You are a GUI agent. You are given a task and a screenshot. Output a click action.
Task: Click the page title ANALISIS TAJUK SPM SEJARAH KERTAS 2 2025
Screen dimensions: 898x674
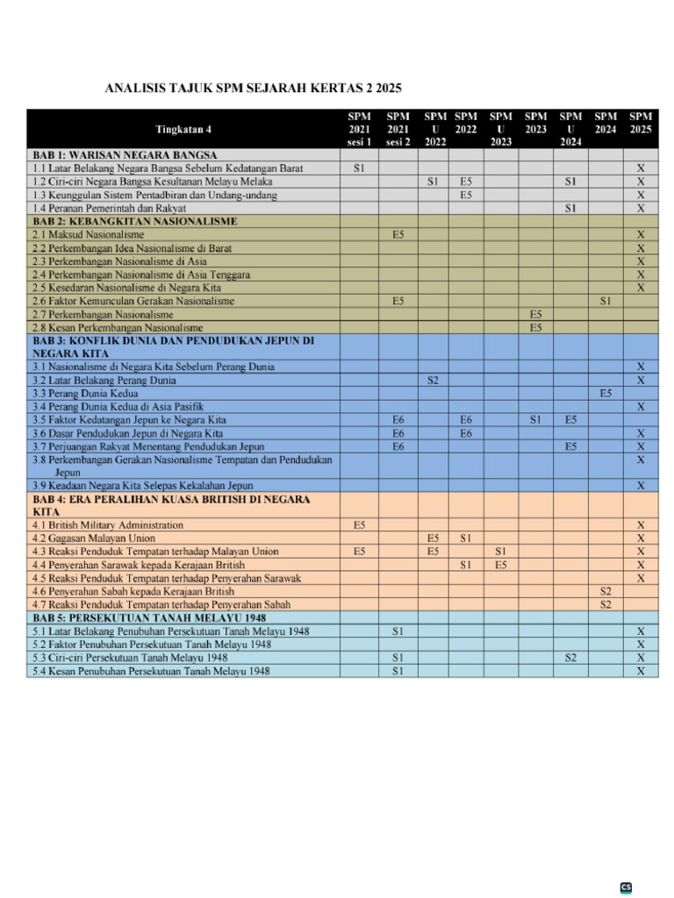tap(254, 89)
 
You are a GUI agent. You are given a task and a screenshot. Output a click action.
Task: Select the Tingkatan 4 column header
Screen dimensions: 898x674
tap(183, 130)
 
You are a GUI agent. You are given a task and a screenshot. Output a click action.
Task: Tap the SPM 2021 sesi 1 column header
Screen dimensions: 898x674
tap(360, 129)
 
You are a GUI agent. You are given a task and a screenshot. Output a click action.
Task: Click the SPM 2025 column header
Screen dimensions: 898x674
tap(641, 123)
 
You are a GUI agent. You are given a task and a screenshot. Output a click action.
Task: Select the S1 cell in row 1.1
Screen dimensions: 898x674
tap(360, 167)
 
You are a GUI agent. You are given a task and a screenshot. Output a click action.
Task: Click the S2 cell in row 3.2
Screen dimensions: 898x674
tap(433, 381)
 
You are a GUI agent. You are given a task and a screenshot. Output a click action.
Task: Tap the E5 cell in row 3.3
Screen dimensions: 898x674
tap(606, 394)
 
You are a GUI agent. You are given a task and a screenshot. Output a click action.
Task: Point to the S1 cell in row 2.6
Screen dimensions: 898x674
tap(606, 301)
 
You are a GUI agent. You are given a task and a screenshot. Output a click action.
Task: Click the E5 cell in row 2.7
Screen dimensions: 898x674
tap(535, 314)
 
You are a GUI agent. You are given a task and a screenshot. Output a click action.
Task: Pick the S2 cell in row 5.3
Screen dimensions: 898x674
tap(570, 658)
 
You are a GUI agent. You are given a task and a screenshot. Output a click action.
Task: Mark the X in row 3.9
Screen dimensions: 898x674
tap(641, 485)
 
